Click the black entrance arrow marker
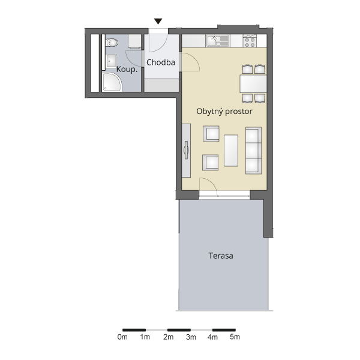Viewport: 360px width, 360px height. tap(158, 22)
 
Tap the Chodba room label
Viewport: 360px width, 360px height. tap(160, 62)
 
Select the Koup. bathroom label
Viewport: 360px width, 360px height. tap(127, 70)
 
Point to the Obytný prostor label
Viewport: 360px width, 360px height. tap(224, 112)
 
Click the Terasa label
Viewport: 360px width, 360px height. tap(221, 256)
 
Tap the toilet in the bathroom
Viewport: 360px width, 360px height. tap(112, 43)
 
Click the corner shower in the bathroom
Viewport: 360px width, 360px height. tap(112, 82)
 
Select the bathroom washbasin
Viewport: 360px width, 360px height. tap(111, 61)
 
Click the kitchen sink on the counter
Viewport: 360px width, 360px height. tap(218, 41)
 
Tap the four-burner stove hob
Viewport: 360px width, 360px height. tap(250, 41)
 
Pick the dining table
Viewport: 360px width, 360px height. tap(253, 84)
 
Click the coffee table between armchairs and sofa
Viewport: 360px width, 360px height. tap(231, 151)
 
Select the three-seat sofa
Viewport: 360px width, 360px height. tap(253, 151)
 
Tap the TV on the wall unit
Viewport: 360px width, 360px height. tap(186, 150)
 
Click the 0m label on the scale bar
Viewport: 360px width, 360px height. tap(122, 337)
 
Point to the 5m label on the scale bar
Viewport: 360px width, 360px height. tap(235, 337)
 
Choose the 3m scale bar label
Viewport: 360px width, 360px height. tap(191, 337)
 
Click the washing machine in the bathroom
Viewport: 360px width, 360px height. tap(134, 41)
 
